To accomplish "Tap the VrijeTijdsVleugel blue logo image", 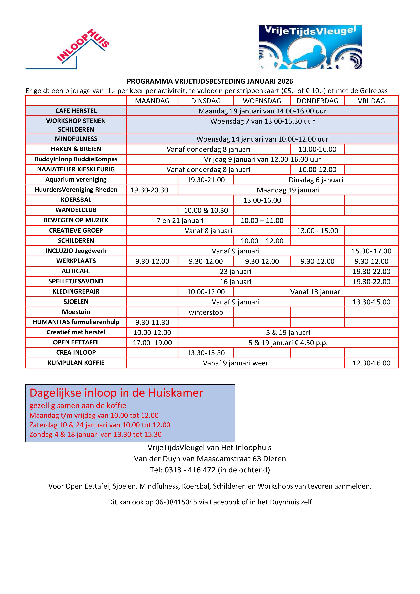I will (x=310, y=47).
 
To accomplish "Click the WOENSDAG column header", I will (x=262, y=101).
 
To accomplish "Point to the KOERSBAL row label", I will (x=76, y=200).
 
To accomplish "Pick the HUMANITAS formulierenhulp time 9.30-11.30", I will (x=152, y=322).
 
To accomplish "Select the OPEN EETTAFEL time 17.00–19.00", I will (x=152, y=343).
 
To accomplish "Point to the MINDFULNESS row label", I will (x=76, y=139).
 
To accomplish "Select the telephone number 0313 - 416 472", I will (x=190, y=470).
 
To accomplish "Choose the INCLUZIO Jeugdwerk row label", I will (x=76, y=251).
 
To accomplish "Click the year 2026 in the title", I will (x=285, y=81).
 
